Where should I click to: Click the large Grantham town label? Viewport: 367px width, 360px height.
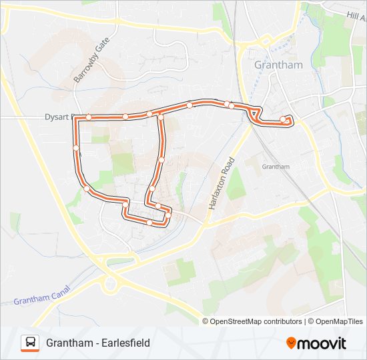(279, 65)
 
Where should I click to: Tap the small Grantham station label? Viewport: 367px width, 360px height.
(276, 167)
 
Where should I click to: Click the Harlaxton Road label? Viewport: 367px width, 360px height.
(222, 183)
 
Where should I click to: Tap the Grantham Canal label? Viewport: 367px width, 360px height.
(42, 299)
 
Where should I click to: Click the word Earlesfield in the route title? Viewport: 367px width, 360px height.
(122, 343)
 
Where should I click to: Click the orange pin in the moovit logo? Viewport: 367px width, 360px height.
(291, 343)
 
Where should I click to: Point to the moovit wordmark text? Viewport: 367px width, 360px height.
(322, 343)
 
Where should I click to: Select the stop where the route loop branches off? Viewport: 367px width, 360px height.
(161, 118)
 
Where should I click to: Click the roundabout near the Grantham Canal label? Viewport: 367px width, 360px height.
(109, 285)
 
